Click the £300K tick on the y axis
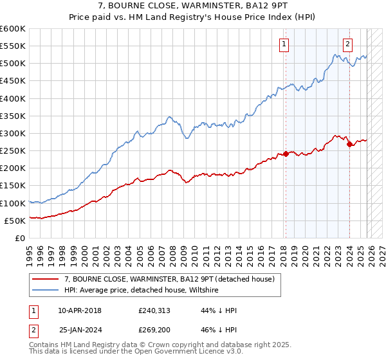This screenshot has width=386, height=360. click(x=13, y=133)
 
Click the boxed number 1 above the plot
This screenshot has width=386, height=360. click(x=284, y=44)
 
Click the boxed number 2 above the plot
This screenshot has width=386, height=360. click(x=347, y=44)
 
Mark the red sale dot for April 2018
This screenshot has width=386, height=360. click(x=285, y=154)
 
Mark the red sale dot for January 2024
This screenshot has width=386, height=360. click(x=349, y=145)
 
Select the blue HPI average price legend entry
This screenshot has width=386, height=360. click(x=142, y=291)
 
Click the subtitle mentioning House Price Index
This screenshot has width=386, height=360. click(x=193, y=17)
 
